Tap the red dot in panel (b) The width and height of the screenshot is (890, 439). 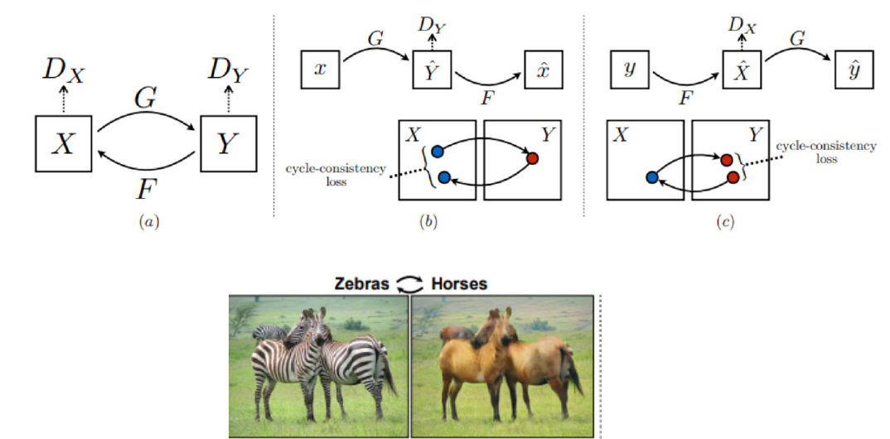[532, 157]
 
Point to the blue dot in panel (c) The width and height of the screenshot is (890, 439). [651, 177]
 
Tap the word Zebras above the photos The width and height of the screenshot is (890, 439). [362, 284]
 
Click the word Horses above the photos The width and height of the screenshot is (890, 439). [459, 284]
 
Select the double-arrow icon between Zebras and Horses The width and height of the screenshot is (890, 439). [410, 284]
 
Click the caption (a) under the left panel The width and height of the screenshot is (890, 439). [146, 222]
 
